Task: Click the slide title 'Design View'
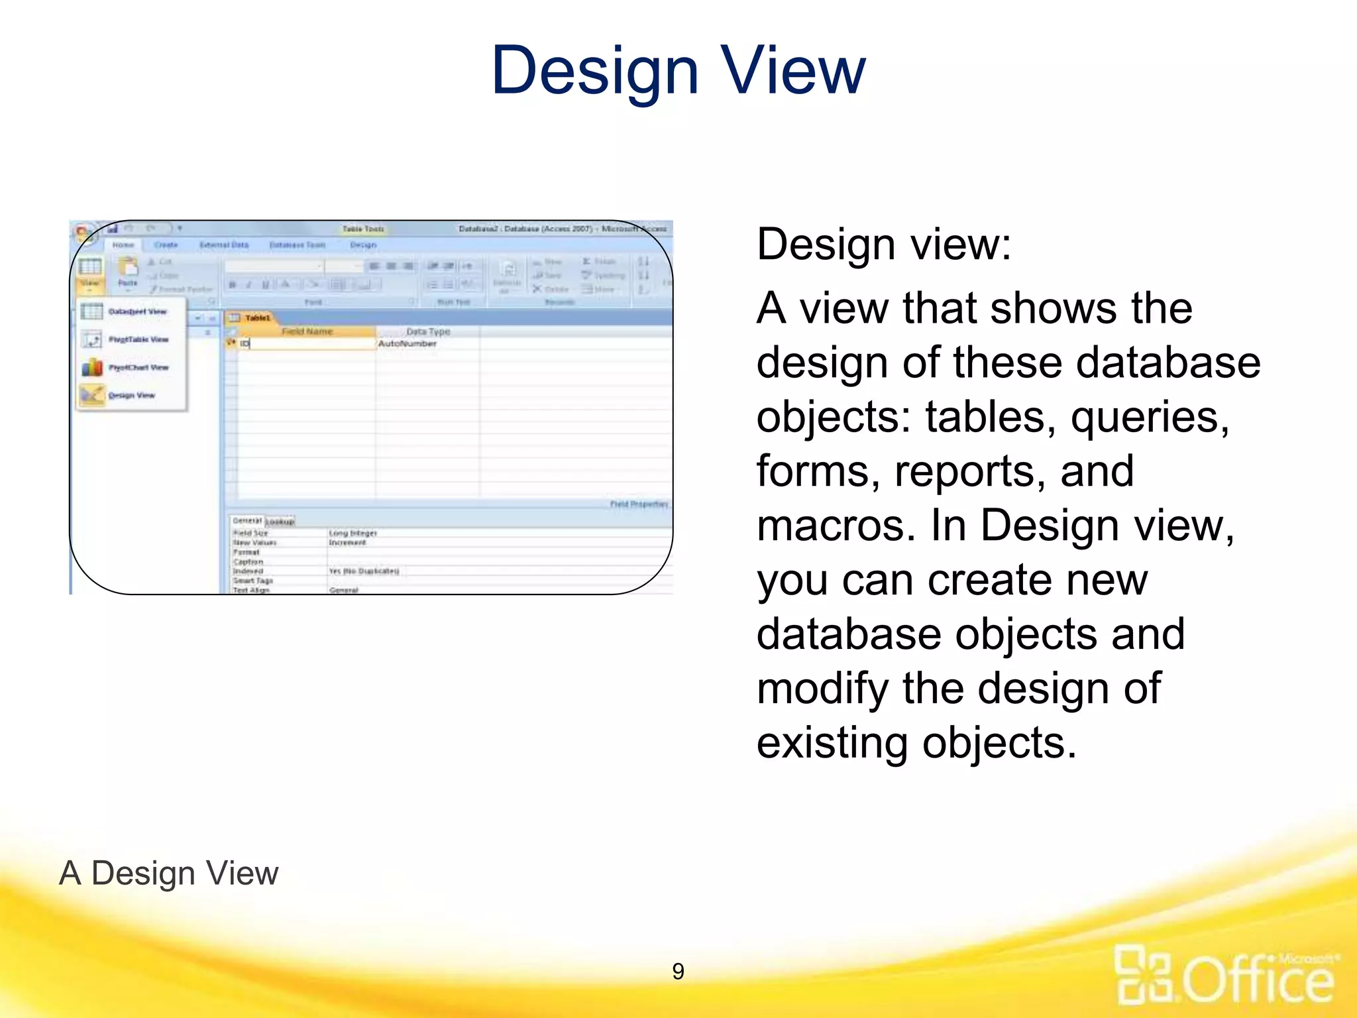[x=678, y=70]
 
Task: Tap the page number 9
[x=678, y=971]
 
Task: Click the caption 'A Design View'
[x=169, y=873]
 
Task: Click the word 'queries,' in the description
[x=1150, y=418]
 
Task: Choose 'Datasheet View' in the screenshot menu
[x=137, y=311]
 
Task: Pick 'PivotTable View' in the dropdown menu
[x=138, y=339]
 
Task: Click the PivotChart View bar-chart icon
[x=92, y=367]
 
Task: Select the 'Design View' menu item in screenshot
[x=131, y=395]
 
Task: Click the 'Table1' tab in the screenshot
[x=257, y=318]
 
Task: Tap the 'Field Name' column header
[x=307, y=331]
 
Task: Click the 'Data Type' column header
[x=428, y=331]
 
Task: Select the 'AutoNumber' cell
[x=407, y=343]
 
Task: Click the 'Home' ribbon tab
[x=123, y=245]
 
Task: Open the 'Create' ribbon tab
[x=166, y=245]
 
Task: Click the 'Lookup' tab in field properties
[x=280, y=522]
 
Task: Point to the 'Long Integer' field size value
[x=353, y=533]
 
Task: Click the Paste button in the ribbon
[x=128, y=272]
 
